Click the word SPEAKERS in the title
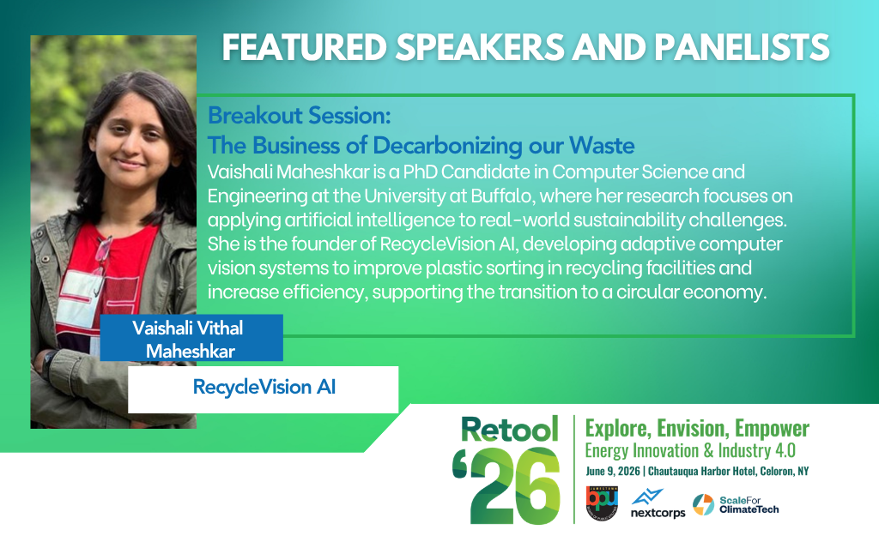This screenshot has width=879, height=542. point(481,47)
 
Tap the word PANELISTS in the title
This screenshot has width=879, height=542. point(742,47)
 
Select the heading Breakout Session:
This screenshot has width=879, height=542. point(299,116)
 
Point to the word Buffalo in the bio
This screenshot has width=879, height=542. point(501,196)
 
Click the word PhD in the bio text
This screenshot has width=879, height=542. point(420,172)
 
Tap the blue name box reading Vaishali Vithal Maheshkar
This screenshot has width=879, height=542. point(191,338)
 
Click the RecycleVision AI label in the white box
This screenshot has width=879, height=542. point(264,387)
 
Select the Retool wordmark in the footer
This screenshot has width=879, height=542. point(510,429)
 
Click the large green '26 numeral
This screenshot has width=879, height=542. point(506,485)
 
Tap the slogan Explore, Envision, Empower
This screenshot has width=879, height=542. point(697,428)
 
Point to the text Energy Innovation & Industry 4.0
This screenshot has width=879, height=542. point(690,451)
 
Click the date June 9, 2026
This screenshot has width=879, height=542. point(613,471)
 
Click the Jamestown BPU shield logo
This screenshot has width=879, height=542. point(602,503)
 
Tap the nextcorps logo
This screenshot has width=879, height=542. point(658,504)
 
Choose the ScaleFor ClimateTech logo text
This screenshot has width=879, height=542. point(749,504)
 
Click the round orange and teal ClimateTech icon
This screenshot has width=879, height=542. point(704,504)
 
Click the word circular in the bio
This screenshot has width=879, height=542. point(647,292)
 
